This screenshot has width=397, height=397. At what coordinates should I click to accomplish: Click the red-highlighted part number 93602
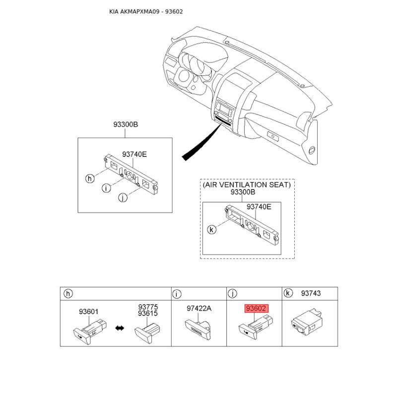pos(256,308)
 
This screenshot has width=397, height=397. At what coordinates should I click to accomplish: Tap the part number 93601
pos(88,312)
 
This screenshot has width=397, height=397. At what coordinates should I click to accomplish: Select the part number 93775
pos(148,307)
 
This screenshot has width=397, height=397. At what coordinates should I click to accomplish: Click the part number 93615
pos(148,313)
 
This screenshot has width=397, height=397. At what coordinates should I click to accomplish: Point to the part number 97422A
pos(199,308)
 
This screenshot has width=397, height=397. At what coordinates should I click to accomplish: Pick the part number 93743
pos(311,293)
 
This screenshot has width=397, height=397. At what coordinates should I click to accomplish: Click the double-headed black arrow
pos(120,328)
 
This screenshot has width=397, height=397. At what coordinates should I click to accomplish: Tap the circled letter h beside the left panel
pos(90,179)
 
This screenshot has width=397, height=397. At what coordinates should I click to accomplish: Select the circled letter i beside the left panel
pos(106,188)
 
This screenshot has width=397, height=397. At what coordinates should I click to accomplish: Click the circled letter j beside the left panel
pos(123,198)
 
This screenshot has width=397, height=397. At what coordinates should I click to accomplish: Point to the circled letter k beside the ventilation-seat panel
pos(212,230)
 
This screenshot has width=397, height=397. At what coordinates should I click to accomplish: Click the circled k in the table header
pos(288,293)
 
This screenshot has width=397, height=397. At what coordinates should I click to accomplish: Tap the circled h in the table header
pos(68,294)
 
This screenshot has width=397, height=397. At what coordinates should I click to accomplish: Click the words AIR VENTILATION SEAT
pos(247,185)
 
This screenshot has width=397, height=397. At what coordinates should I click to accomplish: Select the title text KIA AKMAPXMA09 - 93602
pos(146,11)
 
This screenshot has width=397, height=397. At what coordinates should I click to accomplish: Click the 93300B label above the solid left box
pos(126,125)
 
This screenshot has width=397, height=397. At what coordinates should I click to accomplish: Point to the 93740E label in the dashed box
pos(259,207)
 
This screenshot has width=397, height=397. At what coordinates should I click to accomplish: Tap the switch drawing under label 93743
pos(307,322)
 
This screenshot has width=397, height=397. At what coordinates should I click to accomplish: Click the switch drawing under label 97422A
pos(198,329)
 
